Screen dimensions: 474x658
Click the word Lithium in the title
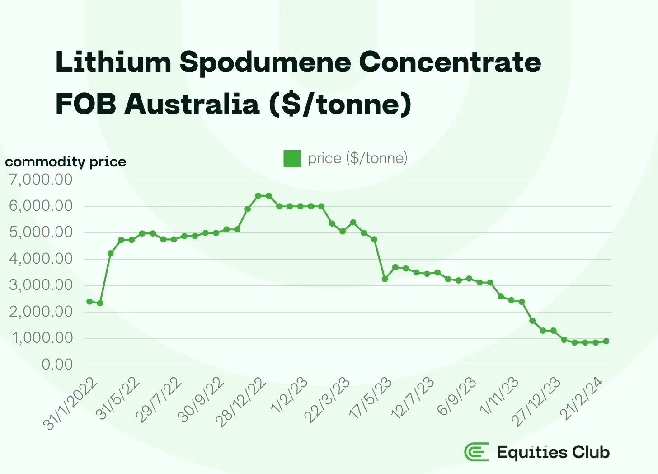[113, 62]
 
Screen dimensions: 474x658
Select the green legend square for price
[292, 159]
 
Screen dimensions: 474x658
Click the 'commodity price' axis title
[66, 162]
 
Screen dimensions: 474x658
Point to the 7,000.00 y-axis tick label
[41, 180]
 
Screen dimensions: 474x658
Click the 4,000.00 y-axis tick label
[41, 259]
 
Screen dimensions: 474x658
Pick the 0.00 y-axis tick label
[57, 365]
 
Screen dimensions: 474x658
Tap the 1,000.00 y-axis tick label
[41, 338]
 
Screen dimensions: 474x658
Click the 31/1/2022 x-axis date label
[70, 403]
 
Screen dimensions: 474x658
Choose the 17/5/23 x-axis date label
[371, 398]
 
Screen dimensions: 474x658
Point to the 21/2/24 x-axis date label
[582, 398]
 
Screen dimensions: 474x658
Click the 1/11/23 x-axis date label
[499, 396]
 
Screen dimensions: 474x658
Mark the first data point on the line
[89, 302]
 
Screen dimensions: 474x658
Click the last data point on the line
[606, 341]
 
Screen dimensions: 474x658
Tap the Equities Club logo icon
[477, 452]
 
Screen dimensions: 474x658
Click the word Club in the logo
[591, 452]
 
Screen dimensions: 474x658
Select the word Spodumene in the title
[265, 62]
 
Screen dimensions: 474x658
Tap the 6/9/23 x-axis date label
[456, 396]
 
